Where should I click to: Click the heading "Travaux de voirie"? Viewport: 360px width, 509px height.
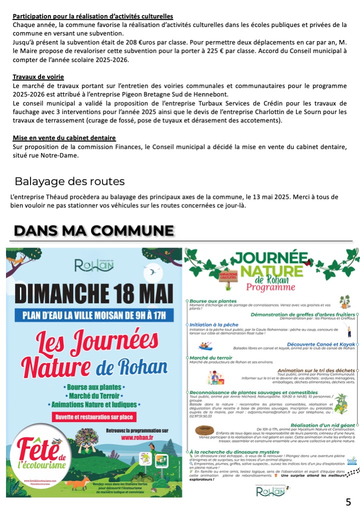point(38,76)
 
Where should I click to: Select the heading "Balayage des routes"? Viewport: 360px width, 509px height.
point(69,181)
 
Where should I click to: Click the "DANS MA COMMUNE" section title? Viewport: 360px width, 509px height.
point(94,230)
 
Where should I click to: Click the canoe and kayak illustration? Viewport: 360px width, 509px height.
point(206,345)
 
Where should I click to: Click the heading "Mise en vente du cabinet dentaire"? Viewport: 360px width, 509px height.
point(64,137)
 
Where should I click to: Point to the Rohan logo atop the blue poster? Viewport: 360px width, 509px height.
point(93,264)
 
